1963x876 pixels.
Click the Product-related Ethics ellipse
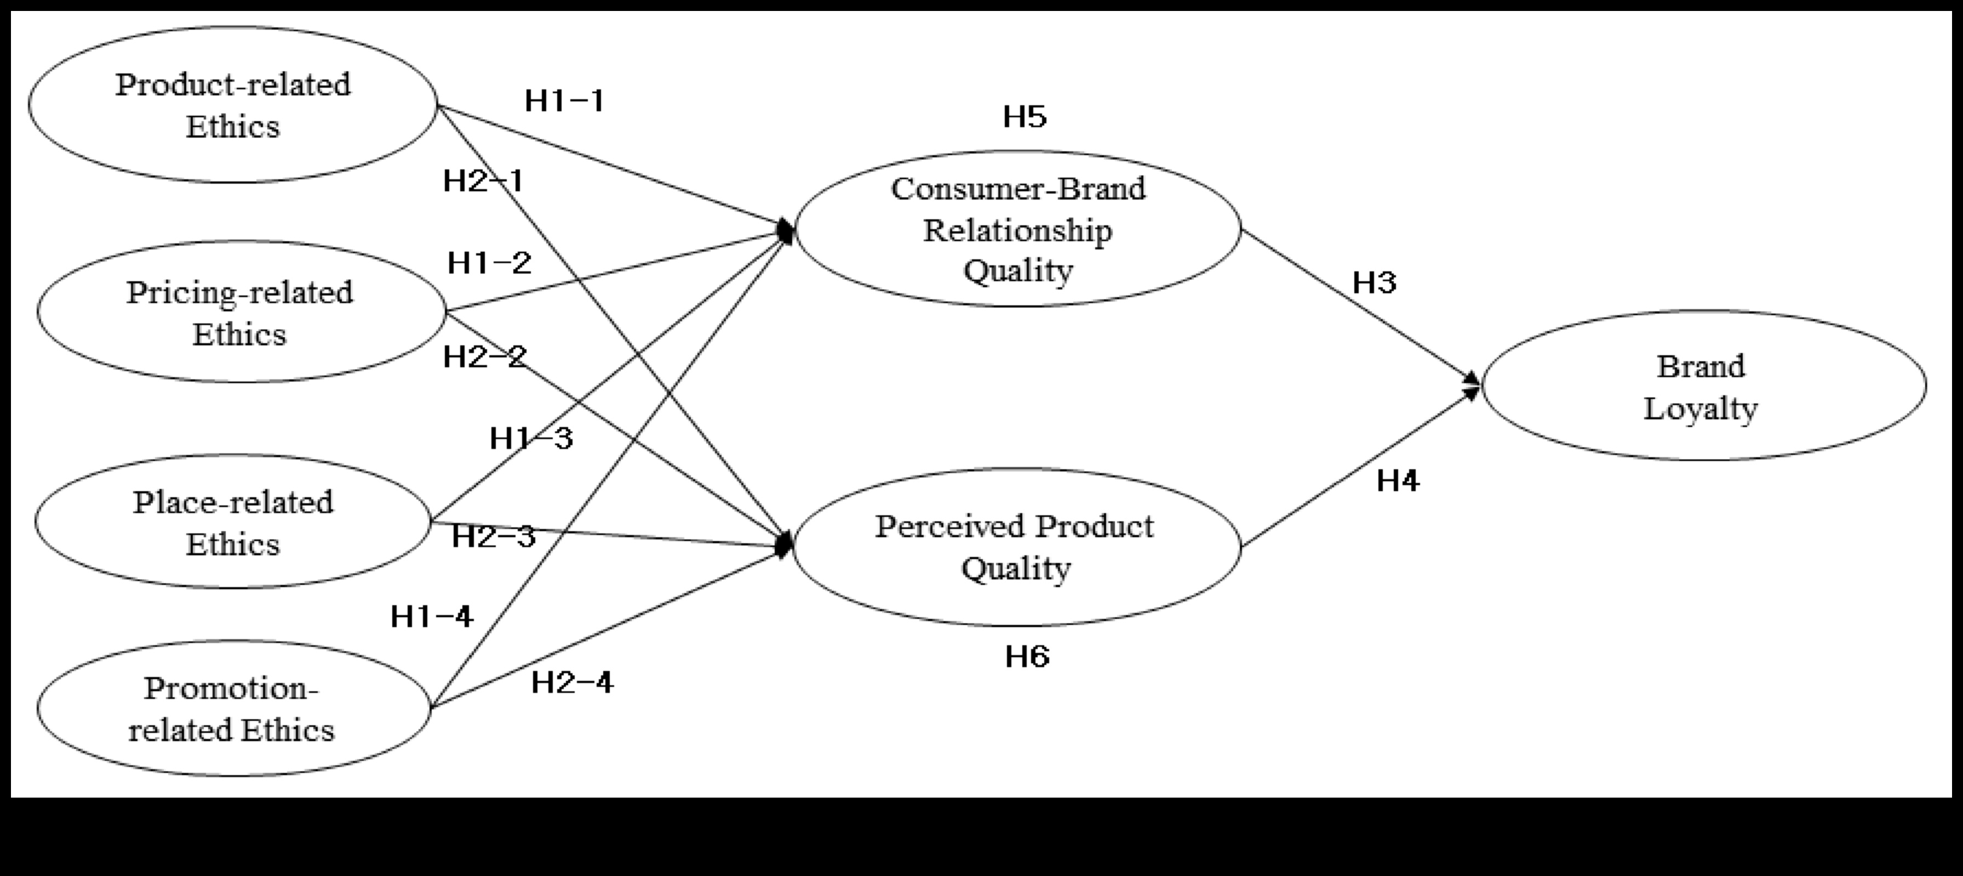click(233, 105)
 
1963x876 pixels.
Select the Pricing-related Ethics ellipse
click(240, 312)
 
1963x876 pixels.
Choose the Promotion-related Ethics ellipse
click(233, 708)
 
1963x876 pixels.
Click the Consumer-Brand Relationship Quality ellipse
click(1018, 229)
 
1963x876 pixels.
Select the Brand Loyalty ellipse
click(1704, 386)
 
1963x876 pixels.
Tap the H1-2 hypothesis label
click(489, 263)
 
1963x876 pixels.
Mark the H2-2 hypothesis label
click(485, 356)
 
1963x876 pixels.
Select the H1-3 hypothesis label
click(531, 439)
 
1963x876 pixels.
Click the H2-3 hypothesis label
click(494, 537)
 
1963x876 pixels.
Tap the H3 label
click(1374, 283)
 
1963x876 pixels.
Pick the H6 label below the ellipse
click(1027, 656)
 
